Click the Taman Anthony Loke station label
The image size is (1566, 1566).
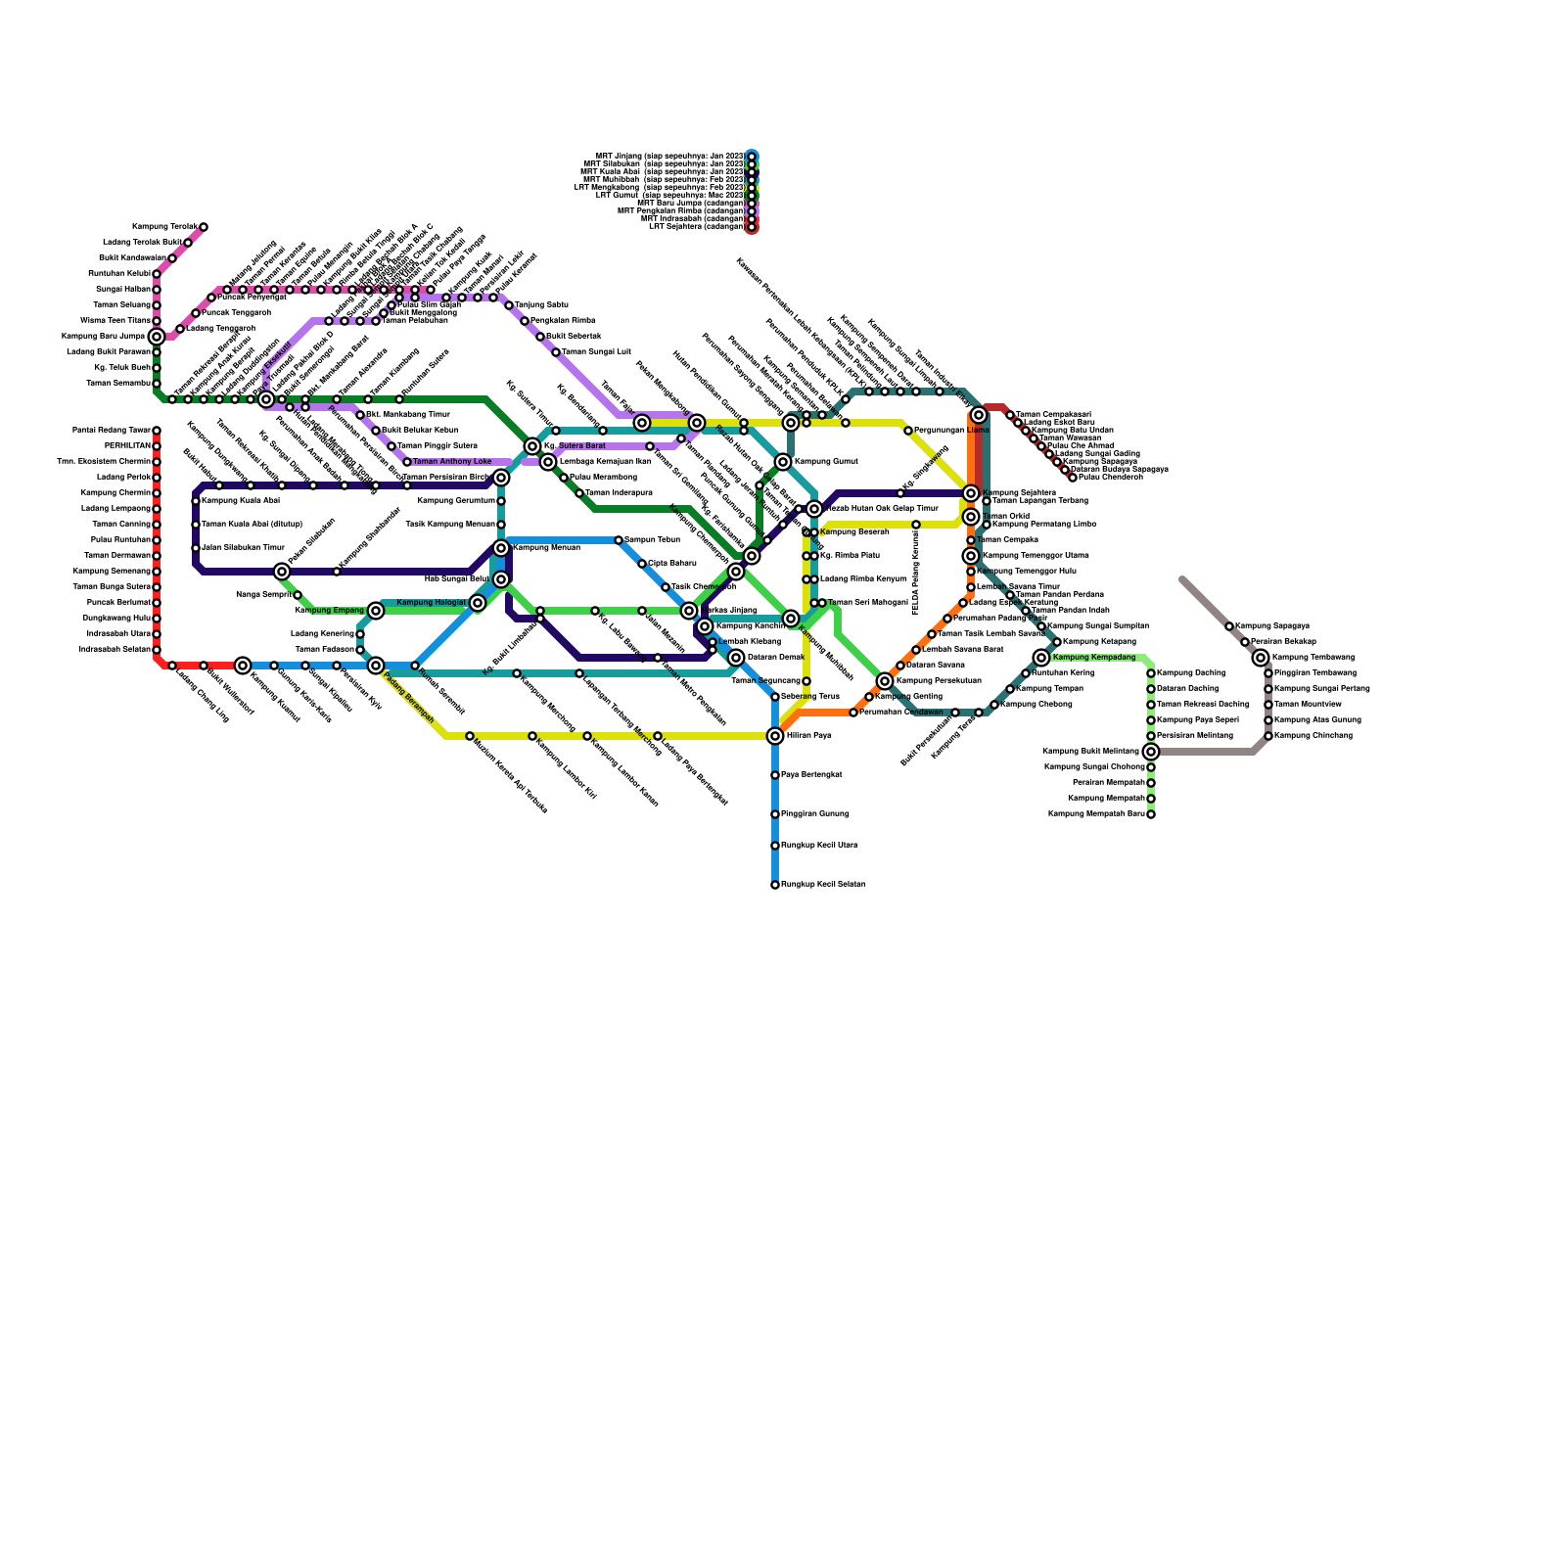click(451, 462)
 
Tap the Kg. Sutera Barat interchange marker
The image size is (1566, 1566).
click(532, 446)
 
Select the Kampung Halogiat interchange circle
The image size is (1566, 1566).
click(478, 603)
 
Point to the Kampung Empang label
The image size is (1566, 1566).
click(329, 611)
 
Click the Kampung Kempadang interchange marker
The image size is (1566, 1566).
click(1041, 658)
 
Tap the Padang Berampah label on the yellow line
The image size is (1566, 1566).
click(409, 697)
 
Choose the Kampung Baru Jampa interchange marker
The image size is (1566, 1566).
click(157, 337)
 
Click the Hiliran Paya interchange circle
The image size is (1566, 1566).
click(775, 736)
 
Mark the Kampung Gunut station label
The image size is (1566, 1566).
click(825, 462)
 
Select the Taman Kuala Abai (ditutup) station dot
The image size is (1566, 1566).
click(196, 525)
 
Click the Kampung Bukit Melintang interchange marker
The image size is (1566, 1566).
click(1151, 752)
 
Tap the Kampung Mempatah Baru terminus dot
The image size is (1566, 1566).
click(1151, 814)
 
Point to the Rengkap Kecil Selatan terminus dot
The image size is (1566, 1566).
click(775, 885)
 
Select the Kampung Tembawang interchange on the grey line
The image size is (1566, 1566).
click(1261, 658)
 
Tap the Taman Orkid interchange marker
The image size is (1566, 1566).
click(971, 517)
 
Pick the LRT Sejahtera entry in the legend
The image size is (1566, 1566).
click(696, 227)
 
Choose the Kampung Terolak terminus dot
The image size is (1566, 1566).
click(204, 227)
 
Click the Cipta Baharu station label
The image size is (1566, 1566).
click(671, 564)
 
